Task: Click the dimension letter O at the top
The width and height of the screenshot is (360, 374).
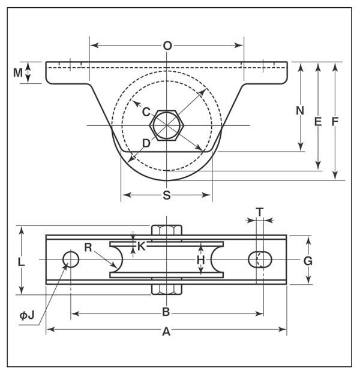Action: point(167,46)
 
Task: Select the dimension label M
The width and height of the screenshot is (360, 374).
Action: point(17,73)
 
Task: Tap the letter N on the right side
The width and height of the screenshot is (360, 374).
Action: point(300,111)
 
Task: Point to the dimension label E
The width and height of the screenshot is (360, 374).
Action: point(318,122)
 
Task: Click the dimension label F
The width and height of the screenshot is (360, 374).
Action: point(335,122)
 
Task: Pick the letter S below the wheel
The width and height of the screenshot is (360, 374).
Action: point(167,195)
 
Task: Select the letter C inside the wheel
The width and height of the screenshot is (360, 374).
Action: point(146,112)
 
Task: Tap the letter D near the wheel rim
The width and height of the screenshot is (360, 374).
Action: point(146,143)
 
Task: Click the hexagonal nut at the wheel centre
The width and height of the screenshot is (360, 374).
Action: point(167,125)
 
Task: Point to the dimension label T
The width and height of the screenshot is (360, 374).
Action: point(260,212)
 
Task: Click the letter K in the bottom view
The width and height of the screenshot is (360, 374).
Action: point(142,246)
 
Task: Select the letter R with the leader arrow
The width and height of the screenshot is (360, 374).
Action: point(88,248)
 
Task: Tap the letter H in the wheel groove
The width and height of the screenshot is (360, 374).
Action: point(201,260)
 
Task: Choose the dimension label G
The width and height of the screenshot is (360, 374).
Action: point(308,261)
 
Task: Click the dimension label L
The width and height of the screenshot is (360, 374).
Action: point(22,263)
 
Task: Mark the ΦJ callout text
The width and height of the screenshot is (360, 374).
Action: point(27,316)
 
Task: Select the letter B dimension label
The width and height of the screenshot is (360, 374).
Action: point(166,312)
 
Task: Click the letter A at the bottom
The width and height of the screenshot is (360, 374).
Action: point(166,331)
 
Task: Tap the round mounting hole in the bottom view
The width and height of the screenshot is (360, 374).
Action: point(71,260)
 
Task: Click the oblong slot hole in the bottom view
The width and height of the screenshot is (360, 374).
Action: point(260,260)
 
